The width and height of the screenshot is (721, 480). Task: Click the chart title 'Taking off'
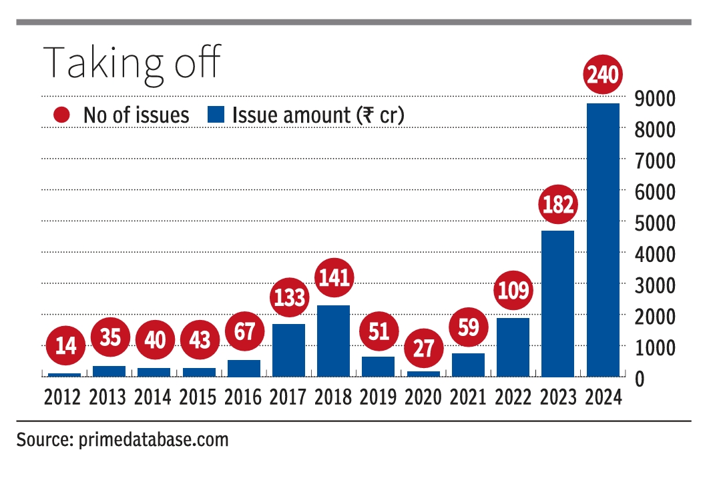132,63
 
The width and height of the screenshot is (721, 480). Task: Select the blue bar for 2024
603,240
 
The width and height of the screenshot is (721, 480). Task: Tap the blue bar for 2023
557,304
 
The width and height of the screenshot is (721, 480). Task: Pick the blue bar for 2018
333,341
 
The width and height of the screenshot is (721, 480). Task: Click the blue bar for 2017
288,351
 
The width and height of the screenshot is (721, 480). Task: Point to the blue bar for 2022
513,347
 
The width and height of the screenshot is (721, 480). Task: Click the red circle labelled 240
603,77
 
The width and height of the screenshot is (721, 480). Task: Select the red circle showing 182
558,205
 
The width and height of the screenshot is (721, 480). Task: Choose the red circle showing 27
423,347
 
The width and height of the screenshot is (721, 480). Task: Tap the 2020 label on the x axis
423,398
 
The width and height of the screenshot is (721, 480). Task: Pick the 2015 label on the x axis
199,398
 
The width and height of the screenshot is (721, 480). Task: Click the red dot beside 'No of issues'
61,115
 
